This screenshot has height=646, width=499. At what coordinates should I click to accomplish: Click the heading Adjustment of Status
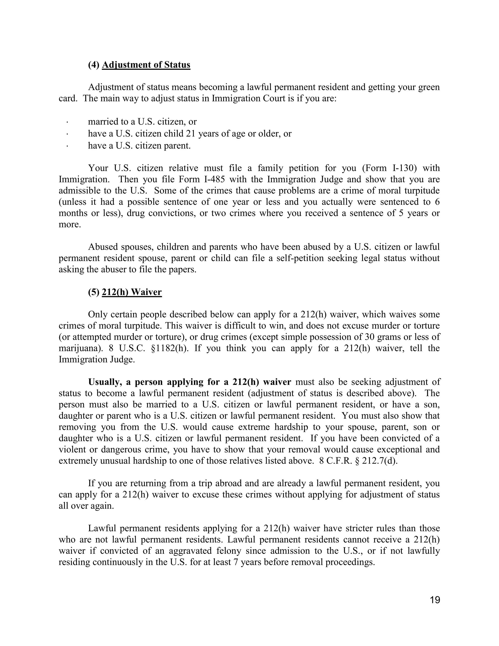coord(146,65)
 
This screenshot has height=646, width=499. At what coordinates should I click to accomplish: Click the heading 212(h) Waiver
coord(132,292)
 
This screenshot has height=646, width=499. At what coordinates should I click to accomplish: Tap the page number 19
coord(435,600)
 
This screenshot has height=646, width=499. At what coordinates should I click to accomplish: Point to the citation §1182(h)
coord(169,348)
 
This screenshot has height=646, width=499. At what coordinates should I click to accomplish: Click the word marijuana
coord(78,348)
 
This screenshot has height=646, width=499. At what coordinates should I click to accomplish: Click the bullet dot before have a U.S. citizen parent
coord(67,146)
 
